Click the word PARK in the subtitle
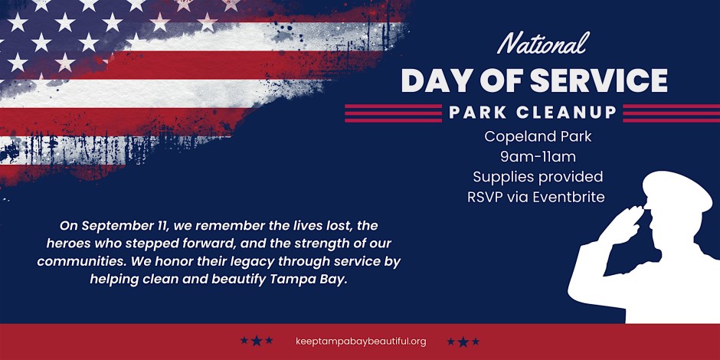coord(475,113)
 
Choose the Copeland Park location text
coord(538,137)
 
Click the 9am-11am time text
coord(538,157)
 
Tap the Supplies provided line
coord(538,177)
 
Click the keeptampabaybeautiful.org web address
coord(362,342)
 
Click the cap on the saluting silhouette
coord(677,189)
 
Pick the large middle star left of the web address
coord(257,341)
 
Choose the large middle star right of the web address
coord(463,342)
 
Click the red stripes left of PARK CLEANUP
coord(393,113)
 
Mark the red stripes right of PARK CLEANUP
coord(671,113)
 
